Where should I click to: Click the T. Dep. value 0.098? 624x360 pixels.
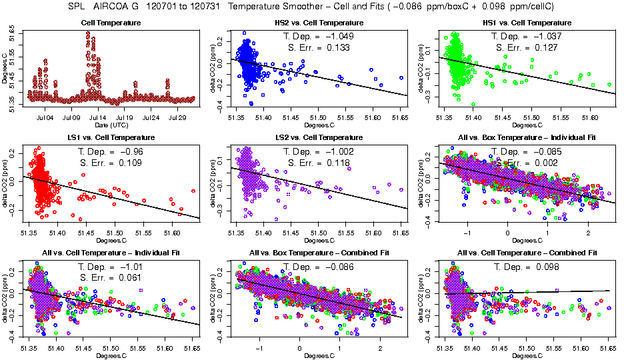(x=547, y=267)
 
